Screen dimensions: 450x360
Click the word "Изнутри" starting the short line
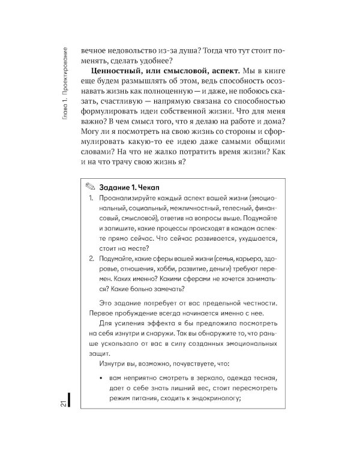coord(111,364)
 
